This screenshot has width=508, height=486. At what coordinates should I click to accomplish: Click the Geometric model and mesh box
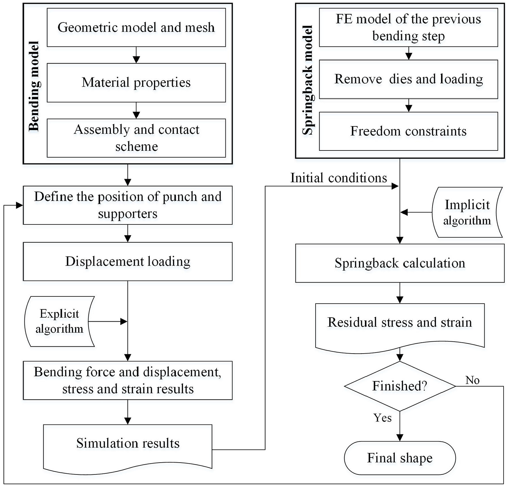click(136, 28)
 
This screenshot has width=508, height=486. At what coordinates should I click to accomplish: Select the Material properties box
click(136, 83)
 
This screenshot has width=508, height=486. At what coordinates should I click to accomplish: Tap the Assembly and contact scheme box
click(136, 138)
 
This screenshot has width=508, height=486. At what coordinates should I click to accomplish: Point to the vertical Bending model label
click(34, 86)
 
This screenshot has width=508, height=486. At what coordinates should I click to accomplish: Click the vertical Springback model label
click(308, 80)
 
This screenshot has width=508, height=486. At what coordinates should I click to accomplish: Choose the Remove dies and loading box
click(408, 79)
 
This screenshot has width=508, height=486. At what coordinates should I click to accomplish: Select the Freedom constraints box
click(408, 131)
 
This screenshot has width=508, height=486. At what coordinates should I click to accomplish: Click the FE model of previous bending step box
click(408, 28)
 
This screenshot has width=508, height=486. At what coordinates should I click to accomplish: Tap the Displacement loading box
click(128, 262)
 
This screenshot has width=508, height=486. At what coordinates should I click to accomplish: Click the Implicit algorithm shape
click(467, 212)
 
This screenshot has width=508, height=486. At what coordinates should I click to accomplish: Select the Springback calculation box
click(400, 263)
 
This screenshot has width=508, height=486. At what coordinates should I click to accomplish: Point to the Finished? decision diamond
click(400, 386)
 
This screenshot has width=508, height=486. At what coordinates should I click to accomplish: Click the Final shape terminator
click(400, 458)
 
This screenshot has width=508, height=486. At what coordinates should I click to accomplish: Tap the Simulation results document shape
click(128, 447)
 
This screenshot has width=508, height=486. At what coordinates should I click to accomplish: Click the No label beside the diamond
click(473, 380)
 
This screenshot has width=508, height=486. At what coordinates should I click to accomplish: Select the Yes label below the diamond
click(383, 417)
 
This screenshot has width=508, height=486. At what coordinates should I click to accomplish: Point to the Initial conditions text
click(339, 178)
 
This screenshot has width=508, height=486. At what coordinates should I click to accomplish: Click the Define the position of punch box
click(128, 205)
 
